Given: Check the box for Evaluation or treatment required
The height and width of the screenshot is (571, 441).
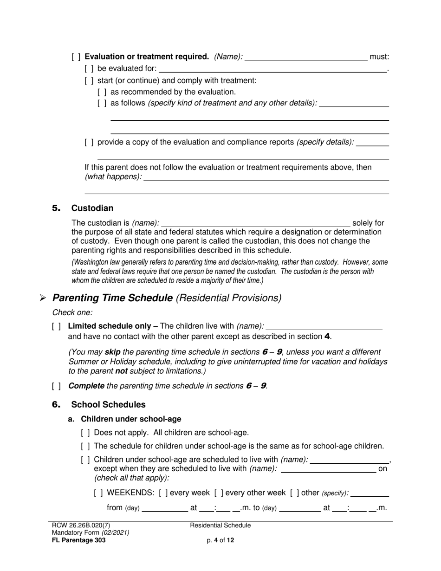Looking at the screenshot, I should pos(76,57).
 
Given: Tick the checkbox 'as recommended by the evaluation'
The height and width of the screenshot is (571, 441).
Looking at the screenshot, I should pos(102,92).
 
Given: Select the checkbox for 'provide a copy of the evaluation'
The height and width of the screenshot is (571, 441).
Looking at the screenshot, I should pos(89,142).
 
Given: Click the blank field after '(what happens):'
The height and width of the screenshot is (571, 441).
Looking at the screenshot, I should pos(266,177).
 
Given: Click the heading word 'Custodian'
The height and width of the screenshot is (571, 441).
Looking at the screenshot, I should pos(92,208).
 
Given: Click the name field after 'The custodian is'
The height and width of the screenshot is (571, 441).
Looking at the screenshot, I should pos(256,223).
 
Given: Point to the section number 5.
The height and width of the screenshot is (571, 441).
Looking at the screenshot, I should pos(56,208).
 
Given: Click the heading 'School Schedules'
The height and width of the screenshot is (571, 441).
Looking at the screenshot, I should pos(108,405).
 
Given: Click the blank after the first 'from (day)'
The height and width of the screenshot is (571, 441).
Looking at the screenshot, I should pos(164,508).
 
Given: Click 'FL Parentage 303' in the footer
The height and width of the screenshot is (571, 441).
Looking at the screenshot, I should pos(79,540).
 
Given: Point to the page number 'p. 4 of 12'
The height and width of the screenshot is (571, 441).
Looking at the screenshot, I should pos(220,540).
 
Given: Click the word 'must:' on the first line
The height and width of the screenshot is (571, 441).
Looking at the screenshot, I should pos(379,57).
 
